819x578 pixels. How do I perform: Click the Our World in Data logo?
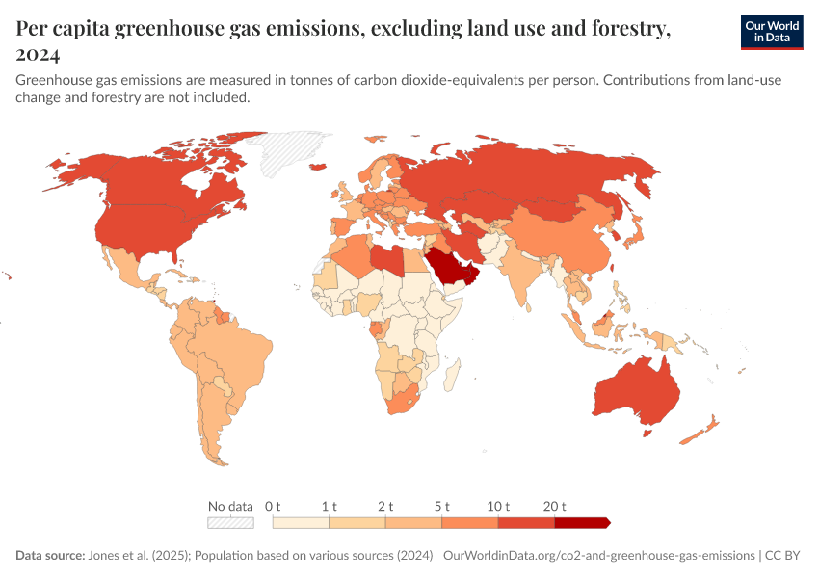click(x=771, y=32)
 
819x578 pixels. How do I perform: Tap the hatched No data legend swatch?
click(x=230, y=523)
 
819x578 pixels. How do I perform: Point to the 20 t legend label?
click(x=555, y=506)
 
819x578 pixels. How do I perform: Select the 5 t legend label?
click(x=442, y=506)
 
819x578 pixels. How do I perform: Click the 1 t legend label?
click(x=330, y=506)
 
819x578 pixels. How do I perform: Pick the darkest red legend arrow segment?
click(x=582, y=523)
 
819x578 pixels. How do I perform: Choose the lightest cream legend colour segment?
click(x=301, y=523)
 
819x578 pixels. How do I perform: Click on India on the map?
click(x=525, y=270)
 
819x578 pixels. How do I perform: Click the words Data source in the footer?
click(x=49, y=556)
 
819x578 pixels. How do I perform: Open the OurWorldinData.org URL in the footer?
click(x=598, y=556)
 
